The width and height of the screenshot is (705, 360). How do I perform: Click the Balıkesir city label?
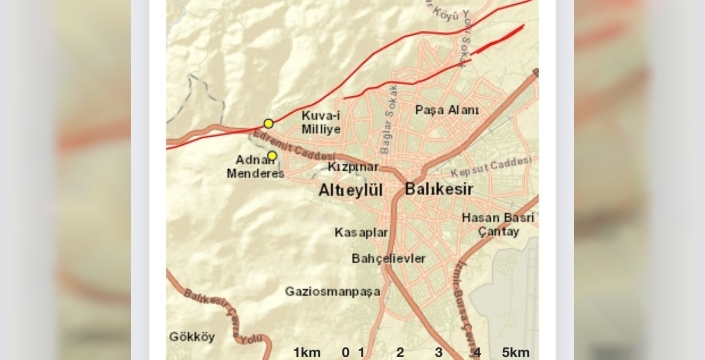coord(439,189)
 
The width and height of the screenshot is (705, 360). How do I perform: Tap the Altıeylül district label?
coord(351,190)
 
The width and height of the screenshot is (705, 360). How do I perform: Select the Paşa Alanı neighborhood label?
coord(447,110)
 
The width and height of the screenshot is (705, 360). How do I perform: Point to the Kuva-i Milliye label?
coord(321,123)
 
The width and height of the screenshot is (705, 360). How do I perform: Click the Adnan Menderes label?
coord(259,166)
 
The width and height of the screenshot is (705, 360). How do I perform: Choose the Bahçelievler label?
coord(389,258)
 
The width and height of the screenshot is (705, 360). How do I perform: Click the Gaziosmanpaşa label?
coord(333,291)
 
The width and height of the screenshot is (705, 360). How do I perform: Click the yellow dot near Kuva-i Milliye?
coord(268,123)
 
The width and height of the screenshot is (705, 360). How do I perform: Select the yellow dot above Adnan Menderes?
coord(272,155)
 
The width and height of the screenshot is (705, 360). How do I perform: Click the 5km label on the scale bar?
coord(516,352)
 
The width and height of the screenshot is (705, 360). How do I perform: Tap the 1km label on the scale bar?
coord(306,352)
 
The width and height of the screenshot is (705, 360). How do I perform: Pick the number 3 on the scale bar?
coord(438,352)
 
